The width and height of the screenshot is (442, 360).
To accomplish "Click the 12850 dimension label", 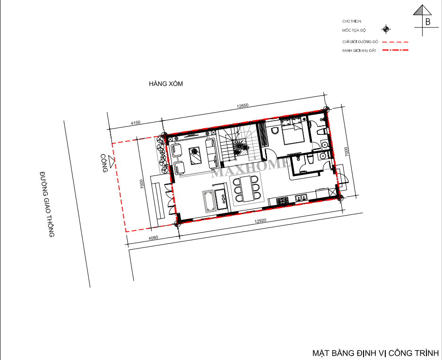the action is click(x=243, y=106).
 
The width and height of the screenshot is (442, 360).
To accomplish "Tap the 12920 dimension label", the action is click(x=260, y=221).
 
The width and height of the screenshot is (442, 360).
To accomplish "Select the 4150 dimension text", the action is click(x=136, y=123).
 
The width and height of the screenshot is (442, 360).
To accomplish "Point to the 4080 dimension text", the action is click(x=153, y=238).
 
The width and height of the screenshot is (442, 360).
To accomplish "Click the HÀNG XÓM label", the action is click(x=166, y=84).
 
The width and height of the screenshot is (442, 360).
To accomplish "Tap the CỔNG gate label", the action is click(x=104, y=163).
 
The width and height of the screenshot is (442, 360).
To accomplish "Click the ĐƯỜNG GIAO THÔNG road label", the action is click(x=47, y=204).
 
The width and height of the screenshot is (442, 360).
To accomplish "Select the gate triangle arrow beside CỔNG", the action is click(x=112, y=162).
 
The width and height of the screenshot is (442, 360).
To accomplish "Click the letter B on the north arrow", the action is click(x=428, y=22).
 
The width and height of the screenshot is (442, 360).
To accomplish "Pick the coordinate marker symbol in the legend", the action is click(x=386, y=29).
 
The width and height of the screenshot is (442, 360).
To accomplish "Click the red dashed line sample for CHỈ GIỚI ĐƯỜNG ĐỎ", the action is click(x=395, y=42).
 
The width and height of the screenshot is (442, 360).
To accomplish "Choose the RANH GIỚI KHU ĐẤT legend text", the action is click(x=359, y=51).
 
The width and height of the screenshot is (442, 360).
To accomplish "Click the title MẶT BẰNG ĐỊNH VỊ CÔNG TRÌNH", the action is click(x=375, y=353).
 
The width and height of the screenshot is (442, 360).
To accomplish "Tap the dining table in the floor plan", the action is click(x=248, y=189).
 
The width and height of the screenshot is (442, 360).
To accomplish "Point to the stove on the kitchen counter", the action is click(x=282, y=201).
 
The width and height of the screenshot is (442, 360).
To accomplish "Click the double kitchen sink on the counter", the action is click(x=302, y=198).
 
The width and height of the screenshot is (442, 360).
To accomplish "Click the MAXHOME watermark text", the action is click(x=250, y=167).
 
